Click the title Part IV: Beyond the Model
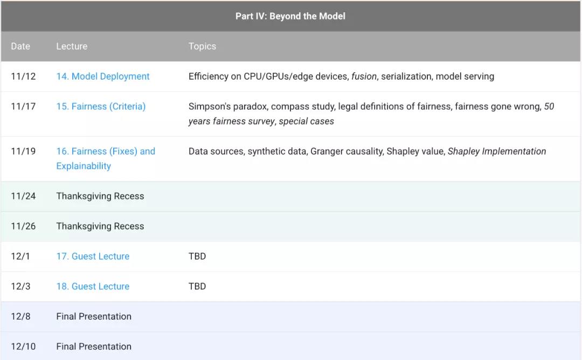(x=290, y=16)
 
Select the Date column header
(x=20, y=46)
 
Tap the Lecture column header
(x=72, y=46)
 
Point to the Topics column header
(x=202, y=46)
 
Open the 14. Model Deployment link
(x=103, y=77)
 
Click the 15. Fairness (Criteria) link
(x=101, y=107)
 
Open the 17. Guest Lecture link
(x=93, y=257)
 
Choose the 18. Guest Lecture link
(x=93, y=287)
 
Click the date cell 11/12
(x=23, y=77)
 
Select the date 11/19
(x=23, y=151)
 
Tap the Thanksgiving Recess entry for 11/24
(x=100, y=196)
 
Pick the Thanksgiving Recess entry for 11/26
(x=100, y=226)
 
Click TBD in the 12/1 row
(x=197, y=257)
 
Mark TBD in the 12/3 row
(x=197, y=287)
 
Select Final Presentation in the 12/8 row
(x=94, y=316)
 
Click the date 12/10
(x=23, y=347)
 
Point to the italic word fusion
(x=364, y=77)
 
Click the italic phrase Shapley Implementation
(x=497, y=151)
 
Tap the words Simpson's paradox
(x=228, y=107)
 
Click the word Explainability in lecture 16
(x=84, y=167)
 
